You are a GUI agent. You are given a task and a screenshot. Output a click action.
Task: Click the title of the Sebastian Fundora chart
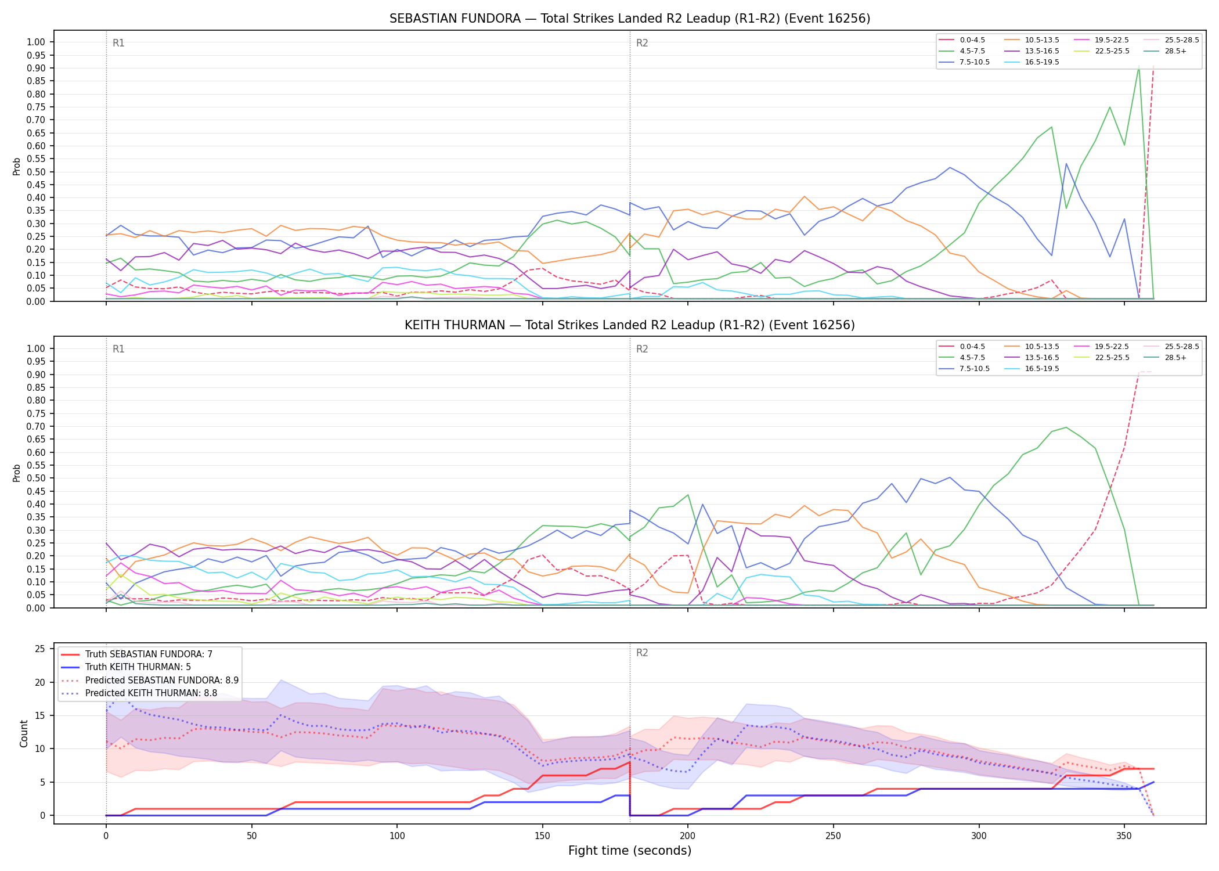pyautogui.click(x=630, y=19)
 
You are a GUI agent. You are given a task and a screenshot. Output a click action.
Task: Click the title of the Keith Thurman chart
pyautogui.click(x=630, y=325)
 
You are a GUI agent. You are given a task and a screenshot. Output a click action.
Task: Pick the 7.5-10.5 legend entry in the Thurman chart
pyautogui.click(x=964, y=369)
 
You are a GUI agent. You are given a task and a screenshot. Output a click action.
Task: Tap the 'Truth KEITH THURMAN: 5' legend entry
pyautogui.click(x=138, y=667)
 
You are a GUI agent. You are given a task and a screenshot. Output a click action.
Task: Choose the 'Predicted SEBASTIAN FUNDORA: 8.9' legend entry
pyautogui.click(x=150, y=680)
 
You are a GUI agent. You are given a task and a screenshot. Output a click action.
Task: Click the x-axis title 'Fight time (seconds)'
pyautogui.click(x=630, y=851)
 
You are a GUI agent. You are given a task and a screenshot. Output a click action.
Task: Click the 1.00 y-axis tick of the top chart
pyautogui.click(x=36, y=42)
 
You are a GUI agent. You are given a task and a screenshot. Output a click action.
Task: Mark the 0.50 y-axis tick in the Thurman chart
pyautogui.click(x=36, y=478)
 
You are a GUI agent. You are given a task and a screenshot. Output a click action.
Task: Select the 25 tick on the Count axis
pyautogui.click(x=40, y=649)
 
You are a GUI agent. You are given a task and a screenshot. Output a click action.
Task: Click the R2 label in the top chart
pyautogui.click(x=642, y=43)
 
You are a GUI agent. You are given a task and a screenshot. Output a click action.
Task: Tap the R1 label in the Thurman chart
pyautogui.click(x=118, y=349)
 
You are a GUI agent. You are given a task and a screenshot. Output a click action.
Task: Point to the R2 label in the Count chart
pyautogui.click(x=642, y=653)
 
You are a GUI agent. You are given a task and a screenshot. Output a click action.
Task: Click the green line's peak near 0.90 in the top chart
pyautogui.click(x=1138, y=67)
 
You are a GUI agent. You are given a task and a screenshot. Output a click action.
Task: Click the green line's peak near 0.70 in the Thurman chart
pyautogui.click(x=1066, y=427)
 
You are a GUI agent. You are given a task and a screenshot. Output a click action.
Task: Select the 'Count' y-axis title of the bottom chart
pyautogui.click(x=24, y=733)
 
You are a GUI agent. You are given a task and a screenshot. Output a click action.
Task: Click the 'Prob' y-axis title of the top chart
pyautogui.click(x=17, y=166)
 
